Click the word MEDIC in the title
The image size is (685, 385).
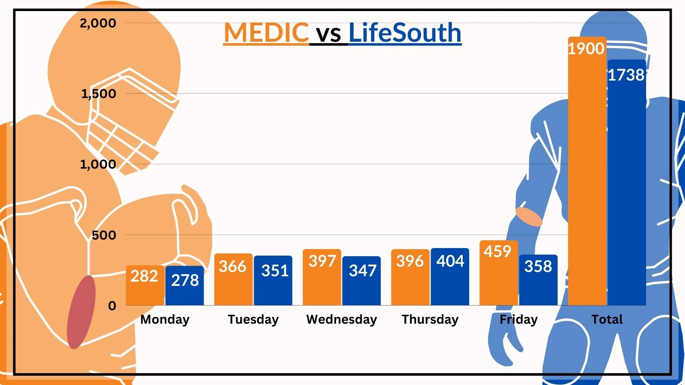tap(266, 32)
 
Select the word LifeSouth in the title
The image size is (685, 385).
tap(405, 32)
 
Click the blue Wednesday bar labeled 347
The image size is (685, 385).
tap(361, 282)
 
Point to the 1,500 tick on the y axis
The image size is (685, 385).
tap(98, 94)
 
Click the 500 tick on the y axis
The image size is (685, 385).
tap(104, 235)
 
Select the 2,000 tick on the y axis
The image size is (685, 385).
tap(98, 23)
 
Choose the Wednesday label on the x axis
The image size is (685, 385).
tap(341, 319)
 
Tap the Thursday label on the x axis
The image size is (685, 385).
tap(430, 319)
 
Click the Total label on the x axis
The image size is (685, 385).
tap(607, 319)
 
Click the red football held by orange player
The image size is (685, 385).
tap(81, 312)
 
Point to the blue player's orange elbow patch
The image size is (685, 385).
tap(529, 217)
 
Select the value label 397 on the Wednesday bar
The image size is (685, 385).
tap(322, 261)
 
